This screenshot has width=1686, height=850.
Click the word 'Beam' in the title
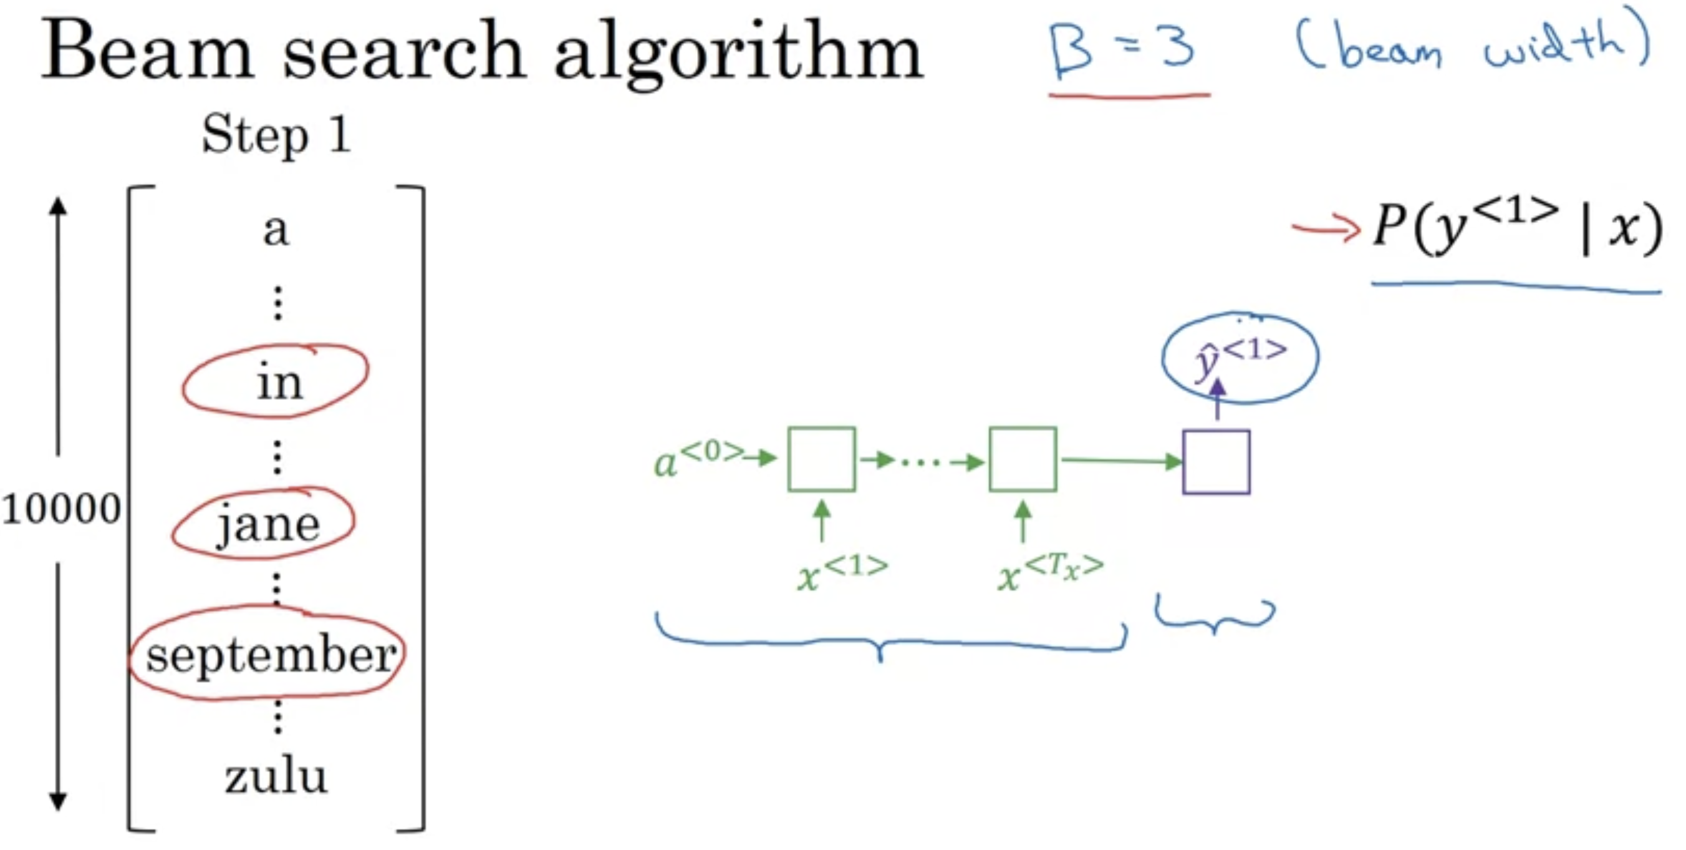pyautogui.click(x=147, y=51)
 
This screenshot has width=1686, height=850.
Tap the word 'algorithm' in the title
pyautogui.click(x=738, y=56)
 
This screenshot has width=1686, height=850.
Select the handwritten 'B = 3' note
pyautogui.click(x=1123, y=50)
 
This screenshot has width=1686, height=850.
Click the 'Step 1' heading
pyautogui.click(x=276, y=135)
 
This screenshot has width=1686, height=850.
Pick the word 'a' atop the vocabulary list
pyautogui.click(x=276, y=230)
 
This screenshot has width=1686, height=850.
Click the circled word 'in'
pyautogui.click(x=279, y=383)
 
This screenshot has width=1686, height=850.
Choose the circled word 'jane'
pyautogui.click(x=267, y=524)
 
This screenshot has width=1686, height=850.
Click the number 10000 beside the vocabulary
pyautogui.click(x=61, y=509)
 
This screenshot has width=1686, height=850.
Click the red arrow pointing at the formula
pyautogui.click(x=1325, y=228)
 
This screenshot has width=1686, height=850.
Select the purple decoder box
pyautogui.click(x=1216, y=462)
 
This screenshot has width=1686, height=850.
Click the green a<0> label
pyautogui.click(x=698, y=459)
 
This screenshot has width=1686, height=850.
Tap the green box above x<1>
pyautogui.click(x=821, y=459)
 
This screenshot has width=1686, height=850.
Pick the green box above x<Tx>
pyautogui.click(x=1023, y=459)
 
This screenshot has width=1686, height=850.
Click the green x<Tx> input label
pyautogui.click(x=1049, y=572)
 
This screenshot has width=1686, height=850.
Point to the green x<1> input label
pyautogui.click(x=842, y=572)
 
